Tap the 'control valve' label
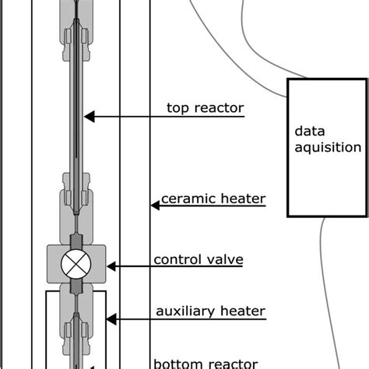pyautogui.click(x=199, y=260)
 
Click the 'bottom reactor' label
pyautogui.click(x=204, y=363)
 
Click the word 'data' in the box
pyautogui.click(x=307, y=131)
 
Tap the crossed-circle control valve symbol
pyautogui.click(x=76, y=265)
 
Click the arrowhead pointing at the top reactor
pyautogui.click(x=89, y=117)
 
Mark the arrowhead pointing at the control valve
pyautogui.click(x=112, y=266)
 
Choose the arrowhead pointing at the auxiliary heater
pyautogui.click(x=112, y=318)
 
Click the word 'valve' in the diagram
pyautogui.click(x=225, y=260)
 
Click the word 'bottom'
pyautogui.click(x=176, y=363)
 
